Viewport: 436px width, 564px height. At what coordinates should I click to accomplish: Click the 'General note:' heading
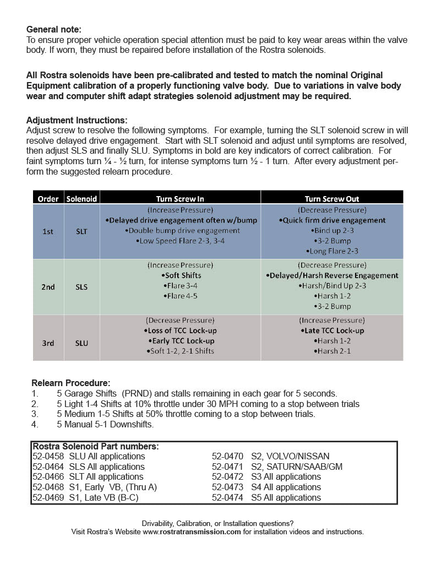[x=53, y=30]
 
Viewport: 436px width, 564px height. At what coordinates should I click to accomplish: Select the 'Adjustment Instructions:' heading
[x=77, y=120]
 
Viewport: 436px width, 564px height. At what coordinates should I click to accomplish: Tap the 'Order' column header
[x=48, y=198]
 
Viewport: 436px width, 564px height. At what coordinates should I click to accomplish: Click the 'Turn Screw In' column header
[x=180, y=198]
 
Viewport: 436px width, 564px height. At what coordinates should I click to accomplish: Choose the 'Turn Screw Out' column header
[x=332, y=198]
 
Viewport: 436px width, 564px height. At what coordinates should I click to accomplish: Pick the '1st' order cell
[x=48, y=232]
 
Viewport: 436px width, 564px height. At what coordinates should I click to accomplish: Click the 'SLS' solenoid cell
[x=81, y=287]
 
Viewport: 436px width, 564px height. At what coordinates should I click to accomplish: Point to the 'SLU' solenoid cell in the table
[x=81, y=343]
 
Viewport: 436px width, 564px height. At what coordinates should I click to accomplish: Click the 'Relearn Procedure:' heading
[x=70, y=383]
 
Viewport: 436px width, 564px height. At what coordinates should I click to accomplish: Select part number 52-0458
[x=48, y=457]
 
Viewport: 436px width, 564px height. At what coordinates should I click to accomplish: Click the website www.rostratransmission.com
[x=192, y=532]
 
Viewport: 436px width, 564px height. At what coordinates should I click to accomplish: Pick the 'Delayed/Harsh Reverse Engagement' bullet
[x=332, y=275]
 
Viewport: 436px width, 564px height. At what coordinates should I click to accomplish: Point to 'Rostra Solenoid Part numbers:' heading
[x=95, y=447]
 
